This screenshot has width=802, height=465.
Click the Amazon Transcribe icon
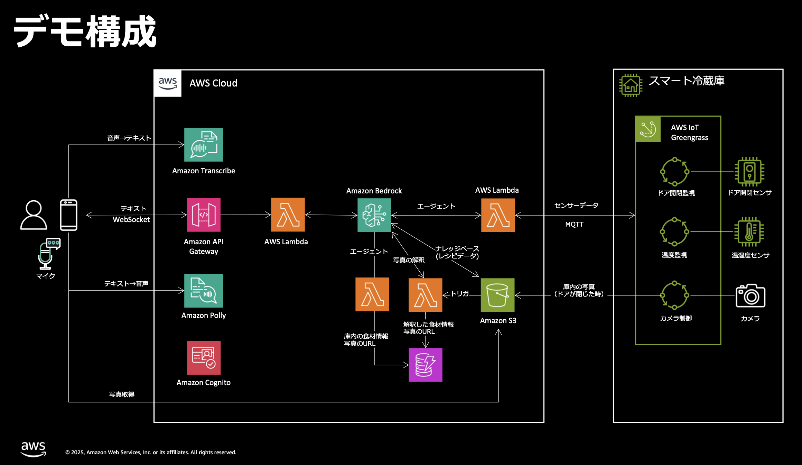click(x=203, y=145)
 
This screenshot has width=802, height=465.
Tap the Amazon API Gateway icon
click(x=203, y=215)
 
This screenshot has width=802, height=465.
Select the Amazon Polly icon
click(x=203, y=291)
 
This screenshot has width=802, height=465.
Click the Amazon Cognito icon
click(x=203, y=358)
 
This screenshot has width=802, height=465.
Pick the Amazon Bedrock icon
click(x=374, y=215)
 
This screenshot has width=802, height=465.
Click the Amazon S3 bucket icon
click(x=497, y=295)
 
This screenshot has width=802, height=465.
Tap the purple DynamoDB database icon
click(x=425, y=365)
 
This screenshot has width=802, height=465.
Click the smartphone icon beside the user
click(x=68, y=215)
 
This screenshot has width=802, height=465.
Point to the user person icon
click(x=34, y=215)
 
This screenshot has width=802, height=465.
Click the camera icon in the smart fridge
click(x=750, y=296)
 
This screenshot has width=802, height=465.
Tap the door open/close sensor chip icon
click(x=749, y=172)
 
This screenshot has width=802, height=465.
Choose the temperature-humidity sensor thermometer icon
click(x=749, y=232)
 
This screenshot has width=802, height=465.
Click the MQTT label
click(x=574, y=224)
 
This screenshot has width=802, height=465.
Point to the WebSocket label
click(x=131, y=220)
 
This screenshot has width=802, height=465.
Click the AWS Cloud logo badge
click(x=168, y=83)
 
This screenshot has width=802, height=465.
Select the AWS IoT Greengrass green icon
click(x=648, y=129)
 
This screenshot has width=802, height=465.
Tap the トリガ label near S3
click(x=460, y=294)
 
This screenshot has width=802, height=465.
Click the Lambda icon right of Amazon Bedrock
click(x=498, y=215)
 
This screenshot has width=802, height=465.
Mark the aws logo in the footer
click(x=33, y=449)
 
